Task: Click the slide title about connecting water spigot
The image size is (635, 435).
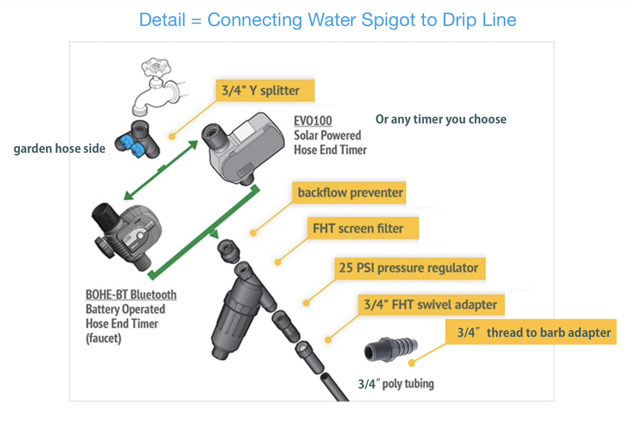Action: [x=327, y=20]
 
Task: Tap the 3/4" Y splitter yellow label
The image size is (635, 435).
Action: [x=265, y=90]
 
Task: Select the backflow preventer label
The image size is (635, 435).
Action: [x=349, y=193]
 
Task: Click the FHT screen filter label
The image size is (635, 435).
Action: [x=363, y=228]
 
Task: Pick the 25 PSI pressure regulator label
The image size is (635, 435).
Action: [x=410, y=268]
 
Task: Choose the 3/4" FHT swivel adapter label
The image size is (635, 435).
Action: [x=431, y=304]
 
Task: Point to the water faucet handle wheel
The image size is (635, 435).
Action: [x=156, y=66]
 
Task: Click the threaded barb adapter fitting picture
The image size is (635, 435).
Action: [x=390, y=349]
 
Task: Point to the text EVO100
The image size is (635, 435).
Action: [x=313, y=121]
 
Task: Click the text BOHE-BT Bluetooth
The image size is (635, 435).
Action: [x=131, y=294]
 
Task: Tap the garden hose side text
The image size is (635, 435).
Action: [x=59, y=148]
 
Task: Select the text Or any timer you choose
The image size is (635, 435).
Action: [x=441, y=119]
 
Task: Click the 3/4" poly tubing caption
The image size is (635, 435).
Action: [x=396, y=384]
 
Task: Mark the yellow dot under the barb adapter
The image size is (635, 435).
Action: [x=411, y=363]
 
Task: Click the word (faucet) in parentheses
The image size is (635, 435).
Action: [x=103, y=338]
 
